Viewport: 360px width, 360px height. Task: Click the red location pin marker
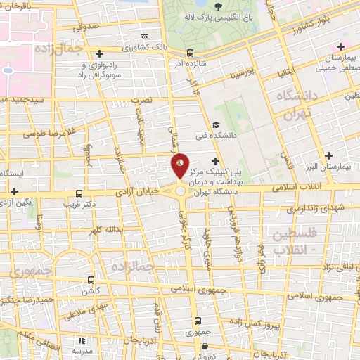coord(181,166)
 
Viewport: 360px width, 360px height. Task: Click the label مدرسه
coord(83,350)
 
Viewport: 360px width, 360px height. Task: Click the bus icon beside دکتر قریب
coord(79,193)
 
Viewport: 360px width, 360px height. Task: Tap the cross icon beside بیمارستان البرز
coord(328,155)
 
